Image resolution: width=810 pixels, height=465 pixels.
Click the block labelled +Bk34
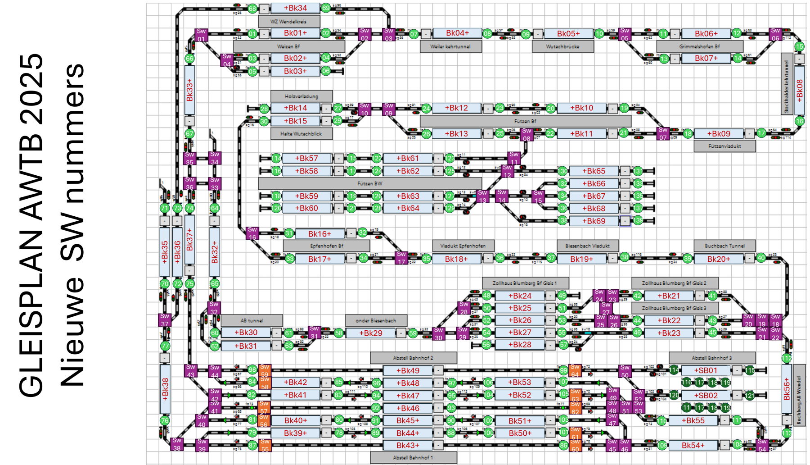295,8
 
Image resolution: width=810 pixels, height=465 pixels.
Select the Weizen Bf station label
288,46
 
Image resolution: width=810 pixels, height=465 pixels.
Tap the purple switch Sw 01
201,35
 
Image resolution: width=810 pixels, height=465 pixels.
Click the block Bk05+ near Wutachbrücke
568,34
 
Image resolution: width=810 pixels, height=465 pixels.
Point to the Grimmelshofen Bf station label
699,46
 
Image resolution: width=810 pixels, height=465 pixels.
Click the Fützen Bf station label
525,121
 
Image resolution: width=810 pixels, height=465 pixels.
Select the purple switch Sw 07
663,133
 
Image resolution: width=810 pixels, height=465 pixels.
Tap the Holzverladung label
301,96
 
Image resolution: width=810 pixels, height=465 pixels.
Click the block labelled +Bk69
594,221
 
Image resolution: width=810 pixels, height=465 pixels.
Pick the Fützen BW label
369,183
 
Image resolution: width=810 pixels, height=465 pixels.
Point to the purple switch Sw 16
252,233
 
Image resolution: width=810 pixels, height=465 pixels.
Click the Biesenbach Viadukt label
587,246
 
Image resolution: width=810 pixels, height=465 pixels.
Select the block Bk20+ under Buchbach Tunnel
719,259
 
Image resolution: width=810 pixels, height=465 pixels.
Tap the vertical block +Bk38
165,389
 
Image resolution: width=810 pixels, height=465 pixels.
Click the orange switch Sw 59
265,370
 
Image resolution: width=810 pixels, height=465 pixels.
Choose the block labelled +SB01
705,370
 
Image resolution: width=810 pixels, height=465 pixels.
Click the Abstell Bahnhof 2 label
413,358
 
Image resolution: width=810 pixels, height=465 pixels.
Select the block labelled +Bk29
370,333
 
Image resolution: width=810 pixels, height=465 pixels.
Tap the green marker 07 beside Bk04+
414,34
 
